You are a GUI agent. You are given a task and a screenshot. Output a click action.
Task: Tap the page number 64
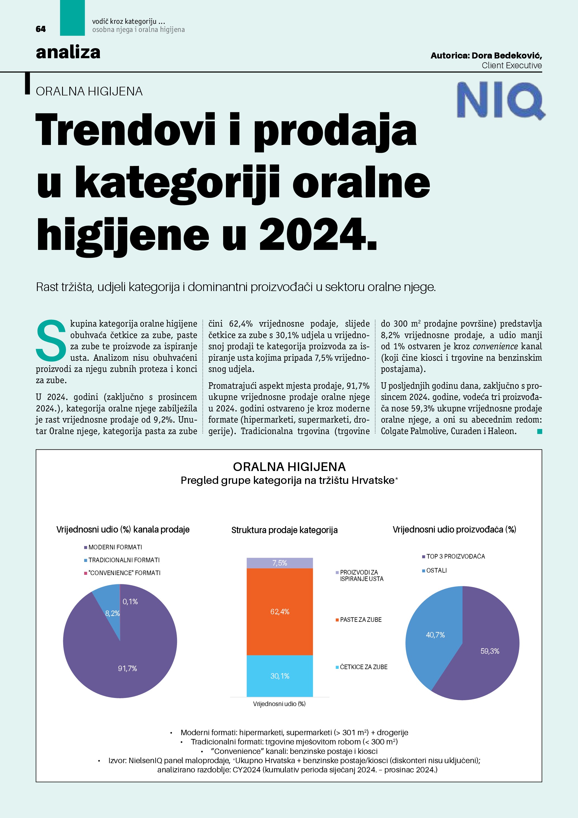click(41, 29)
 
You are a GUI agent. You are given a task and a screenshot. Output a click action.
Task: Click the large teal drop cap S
click(51, 340)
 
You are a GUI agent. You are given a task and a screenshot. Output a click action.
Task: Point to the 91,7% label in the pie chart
click(128, 668)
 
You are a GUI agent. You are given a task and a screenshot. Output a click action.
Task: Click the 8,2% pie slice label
click(112, 613)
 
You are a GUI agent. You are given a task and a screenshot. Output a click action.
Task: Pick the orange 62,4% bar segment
click(279, 612)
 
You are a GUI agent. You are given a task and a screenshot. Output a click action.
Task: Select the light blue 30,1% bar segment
click(279, 676)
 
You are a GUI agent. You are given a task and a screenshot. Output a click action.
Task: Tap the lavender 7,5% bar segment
click(279, 563)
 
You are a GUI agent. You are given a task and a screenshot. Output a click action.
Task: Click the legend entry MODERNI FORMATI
click(115, 547)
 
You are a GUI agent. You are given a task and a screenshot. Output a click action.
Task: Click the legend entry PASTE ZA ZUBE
click(360, 620)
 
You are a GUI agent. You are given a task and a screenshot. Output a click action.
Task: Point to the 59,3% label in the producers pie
click(490, 651)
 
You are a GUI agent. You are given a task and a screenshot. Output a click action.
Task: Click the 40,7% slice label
click(435, 635)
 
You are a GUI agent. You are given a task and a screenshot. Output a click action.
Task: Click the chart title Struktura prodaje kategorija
click(284, 530)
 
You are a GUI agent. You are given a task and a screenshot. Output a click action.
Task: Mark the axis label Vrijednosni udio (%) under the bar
click(279, 704)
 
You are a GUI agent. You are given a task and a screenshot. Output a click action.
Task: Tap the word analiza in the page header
click(68, 52)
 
